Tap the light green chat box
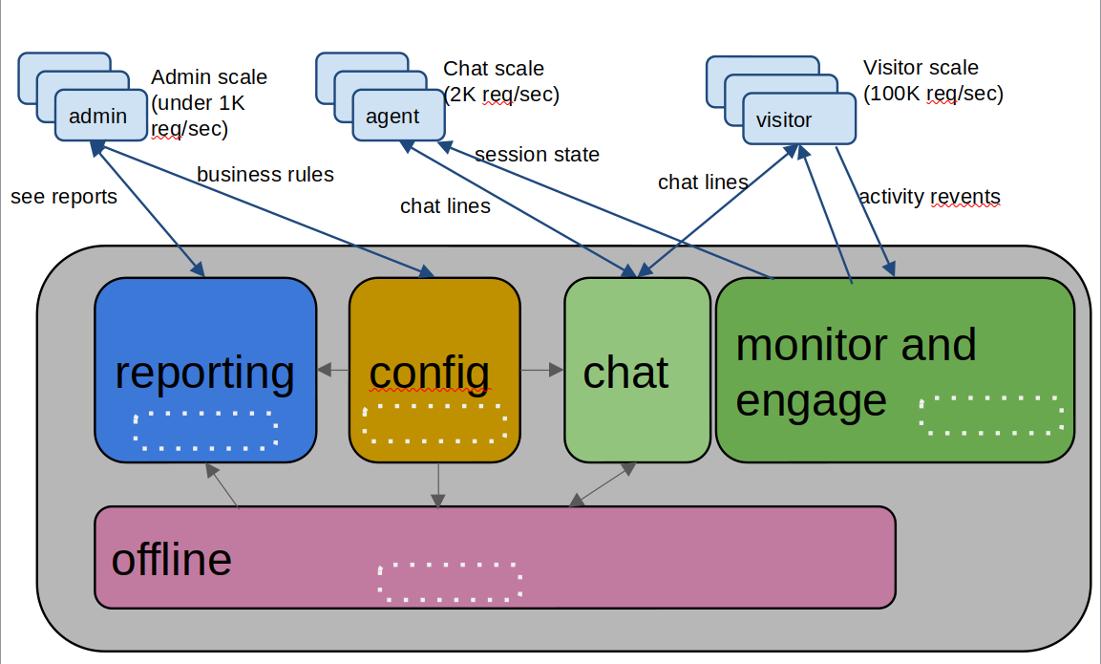click(x=637, y=370)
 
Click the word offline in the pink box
click(x=172, y=559)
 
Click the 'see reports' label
click(x=64, y=197)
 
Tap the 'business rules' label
click(x=265, y=174)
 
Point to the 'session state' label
click(x=537, y=154)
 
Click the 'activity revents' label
click(x=929, y=197)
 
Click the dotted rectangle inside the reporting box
click(x=205, y=430)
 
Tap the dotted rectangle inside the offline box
click(x=450, y=581)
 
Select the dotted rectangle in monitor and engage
click(x=991, y=415)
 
